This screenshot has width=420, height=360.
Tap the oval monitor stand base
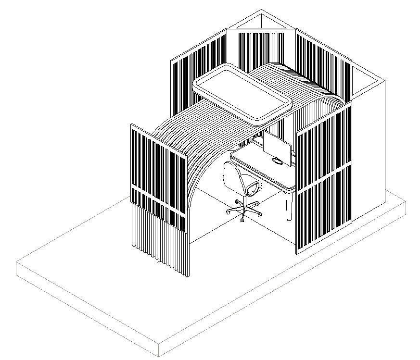click(278, 161)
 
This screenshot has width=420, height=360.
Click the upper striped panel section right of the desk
click(322, 144)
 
